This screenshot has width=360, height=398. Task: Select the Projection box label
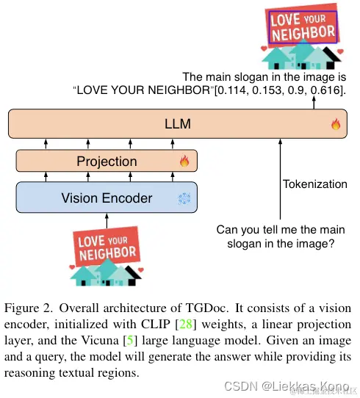[107, 161]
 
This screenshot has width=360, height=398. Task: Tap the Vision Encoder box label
[107, 198]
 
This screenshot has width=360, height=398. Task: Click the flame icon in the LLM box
[336, 124]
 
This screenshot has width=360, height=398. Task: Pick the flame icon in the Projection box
[184, 161]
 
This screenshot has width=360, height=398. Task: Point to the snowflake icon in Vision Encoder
[184, 198]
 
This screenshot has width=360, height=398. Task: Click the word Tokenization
[314, 184]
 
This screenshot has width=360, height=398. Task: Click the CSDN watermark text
[240, 386]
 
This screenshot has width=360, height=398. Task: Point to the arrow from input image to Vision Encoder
[107, 220]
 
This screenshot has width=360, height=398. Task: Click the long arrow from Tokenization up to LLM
[278, 176]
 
